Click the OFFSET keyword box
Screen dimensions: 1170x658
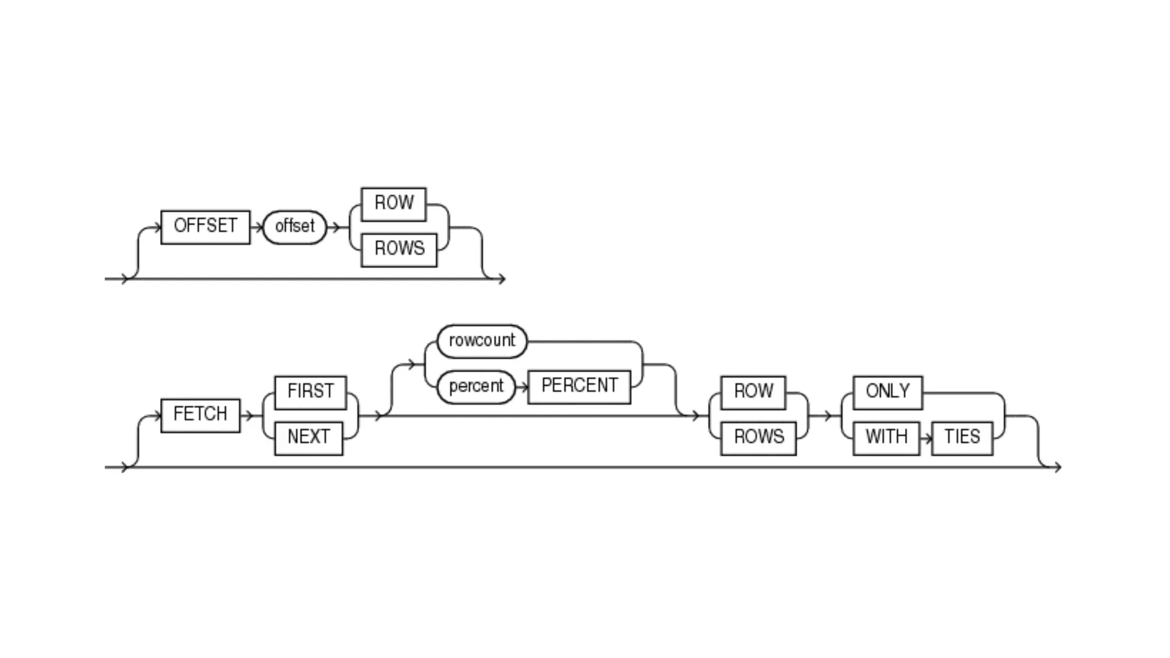point(205,227)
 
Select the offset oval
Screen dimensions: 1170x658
point(294,227)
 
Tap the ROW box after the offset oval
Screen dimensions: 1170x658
point(394,204)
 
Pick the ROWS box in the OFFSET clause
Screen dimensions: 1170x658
point(399,250)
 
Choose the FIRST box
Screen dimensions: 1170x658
point(310,392)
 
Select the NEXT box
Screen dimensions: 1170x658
point(308,438)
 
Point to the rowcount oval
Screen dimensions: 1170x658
point(482,341)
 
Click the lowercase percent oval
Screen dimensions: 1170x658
point(476,387)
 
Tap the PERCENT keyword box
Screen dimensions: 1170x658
point(579,387)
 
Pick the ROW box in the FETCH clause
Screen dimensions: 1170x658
point(753,392)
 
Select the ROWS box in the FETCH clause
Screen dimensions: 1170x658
point(758,438)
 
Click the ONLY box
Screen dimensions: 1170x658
point(887,392)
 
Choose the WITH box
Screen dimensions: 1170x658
point(886,438)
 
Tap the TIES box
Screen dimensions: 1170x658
point(962,438)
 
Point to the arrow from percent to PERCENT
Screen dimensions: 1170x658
point(522,387)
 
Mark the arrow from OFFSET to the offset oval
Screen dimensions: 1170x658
point(257,227)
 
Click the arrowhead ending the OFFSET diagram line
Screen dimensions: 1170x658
point(501,279)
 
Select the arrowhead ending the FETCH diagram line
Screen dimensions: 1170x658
point(1057,467)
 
